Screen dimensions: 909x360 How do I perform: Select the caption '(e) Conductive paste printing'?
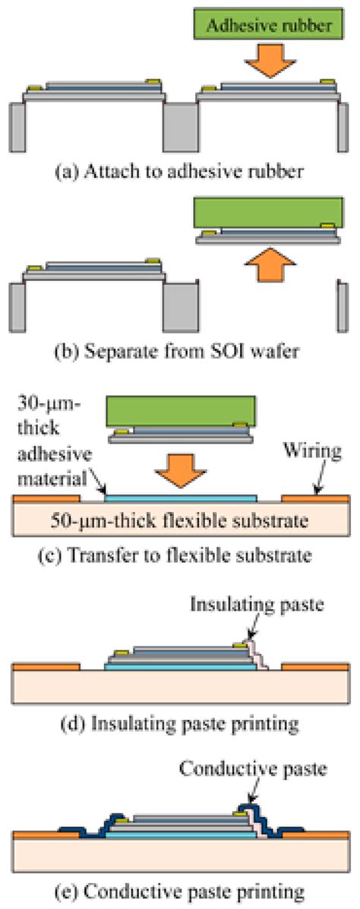(180, 887)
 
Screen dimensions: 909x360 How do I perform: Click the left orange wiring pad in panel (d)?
(46, 668)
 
